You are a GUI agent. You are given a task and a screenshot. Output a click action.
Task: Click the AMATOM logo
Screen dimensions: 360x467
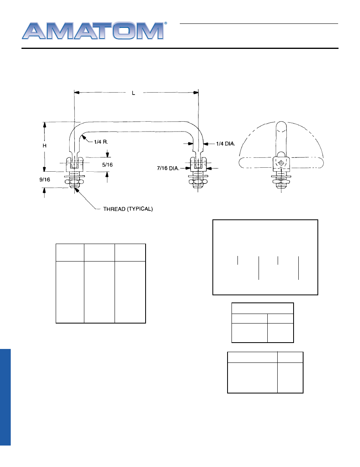point(93,31)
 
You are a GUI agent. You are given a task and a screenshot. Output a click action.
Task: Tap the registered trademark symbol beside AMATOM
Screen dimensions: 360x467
point(166,23)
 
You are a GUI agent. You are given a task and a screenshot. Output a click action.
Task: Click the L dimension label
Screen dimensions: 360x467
point(134,93)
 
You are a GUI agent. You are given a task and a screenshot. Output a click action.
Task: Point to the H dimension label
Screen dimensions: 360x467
point(45,145)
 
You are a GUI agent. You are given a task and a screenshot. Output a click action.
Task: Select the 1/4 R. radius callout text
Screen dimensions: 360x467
point(101,142)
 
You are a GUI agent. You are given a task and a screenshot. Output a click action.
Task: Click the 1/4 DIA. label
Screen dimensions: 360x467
point(226,144)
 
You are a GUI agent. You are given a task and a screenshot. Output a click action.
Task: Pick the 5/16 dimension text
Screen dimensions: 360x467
point(107,165)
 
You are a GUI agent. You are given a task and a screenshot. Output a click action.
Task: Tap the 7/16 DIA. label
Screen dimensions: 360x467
point(168,168)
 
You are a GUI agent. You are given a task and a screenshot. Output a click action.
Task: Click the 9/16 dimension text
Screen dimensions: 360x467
point(45,180)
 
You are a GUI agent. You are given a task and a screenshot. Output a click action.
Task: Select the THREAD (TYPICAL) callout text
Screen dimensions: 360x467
point(128,209)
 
